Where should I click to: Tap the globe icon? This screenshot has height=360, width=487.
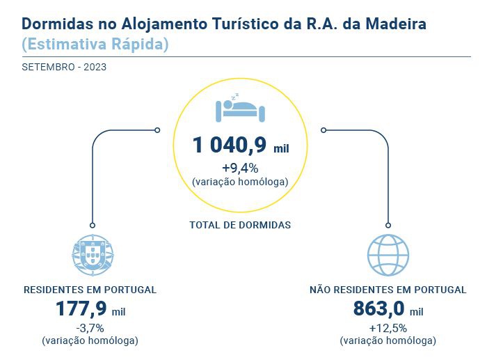[x=388, y=255]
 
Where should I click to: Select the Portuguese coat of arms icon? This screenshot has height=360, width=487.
[x=92, y=255]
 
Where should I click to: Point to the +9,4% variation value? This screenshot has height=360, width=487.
[x=240, y=168]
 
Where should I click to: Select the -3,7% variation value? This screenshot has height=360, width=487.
[x=90, y=328]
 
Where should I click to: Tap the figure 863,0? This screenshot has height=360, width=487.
[x=379, y=308]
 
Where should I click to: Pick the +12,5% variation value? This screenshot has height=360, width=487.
[x=388, y=328]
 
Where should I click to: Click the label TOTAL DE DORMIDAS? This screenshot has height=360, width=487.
[x=240, y=225]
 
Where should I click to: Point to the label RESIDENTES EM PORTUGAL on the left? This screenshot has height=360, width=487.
[x=90, y=290]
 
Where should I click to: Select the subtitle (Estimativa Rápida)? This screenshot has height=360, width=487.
[x=95, y=45]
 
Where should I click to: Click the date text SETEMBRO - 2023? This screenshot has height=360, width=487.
[x=64, y=68]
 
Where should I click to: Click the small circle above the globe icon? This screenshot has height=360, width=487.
[x=388, y=225]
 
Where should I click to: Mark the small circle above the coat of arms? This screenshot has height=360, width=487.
[x=92, y=225]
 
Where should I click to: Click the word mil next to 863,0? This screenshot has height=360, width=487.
[x=416, y=312]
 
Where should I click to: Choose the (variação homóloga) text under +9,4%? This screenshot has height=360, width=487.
[x=240, y=181]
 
